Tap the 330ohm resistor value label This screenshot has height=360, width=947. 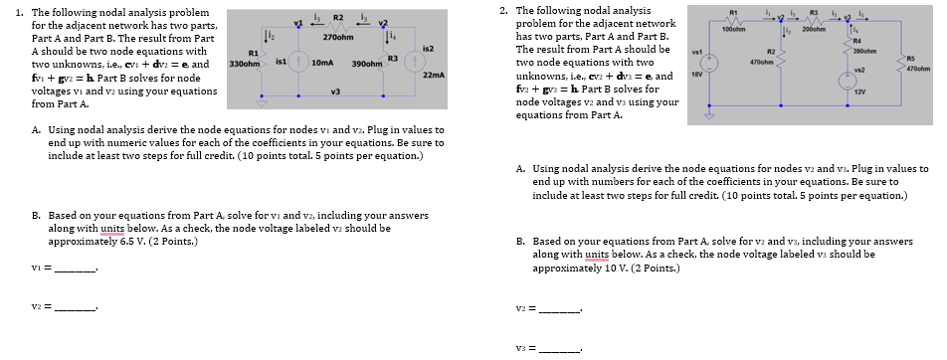tap(245, 63)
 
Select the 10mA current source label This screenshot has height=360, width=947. tap(321, 63)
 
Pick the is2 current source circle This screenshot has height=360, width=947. tap(418, 61)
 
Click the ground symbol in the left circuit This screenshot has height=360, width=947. tap(263, 99)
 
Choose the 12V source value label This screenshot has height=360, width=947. tap(862, 90)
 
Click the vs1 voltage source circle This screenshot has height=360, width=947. tap(709, 64)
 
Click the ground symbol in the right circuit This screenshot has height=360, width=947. tap(709, 112)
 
